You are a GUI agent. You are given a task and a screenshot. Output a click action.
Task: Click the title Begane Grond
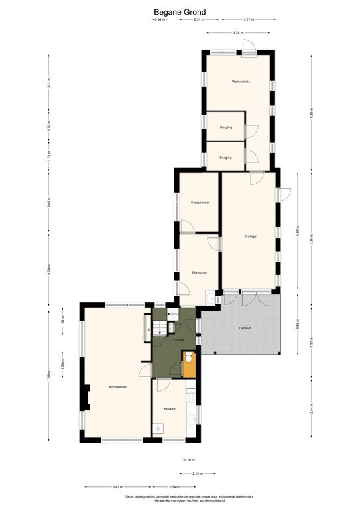click(x=180, y=11)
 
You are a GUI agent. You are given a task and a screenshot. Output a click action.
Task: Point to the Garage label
click(x=250, y=237)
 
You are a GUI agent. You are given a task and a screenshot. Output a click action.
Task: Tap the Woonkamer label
click(x=118, y=386)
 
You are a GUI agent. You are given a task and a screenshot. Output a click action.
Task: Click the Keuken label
click(x=169, y=409)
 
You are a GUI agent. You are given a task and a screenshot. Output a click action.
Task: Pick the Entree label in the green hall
click(x=178, y=340)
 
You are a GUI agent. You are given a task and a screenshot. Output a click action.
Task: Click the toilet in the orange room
click(x=189, y=359)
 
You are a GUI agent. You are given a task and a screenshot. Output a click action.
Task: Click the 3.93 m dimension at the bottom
click(x=117, y=487)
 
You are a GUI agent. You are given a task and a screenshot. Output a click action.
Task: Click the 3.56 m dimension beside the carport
click(x=298, y=325)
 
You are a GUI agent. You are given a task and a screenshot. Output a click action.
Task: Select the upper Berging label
click(x=225, y=127)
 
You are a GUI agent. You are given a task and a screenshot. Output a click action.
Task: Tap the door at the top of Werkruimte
click(x=248, y=48)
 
